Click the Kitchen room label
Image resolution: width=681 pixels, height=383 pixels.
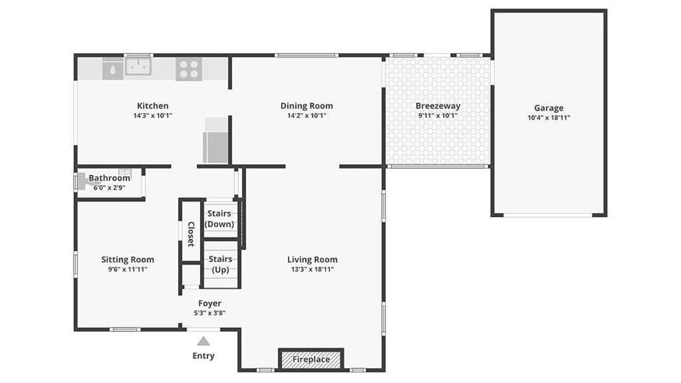click(153, 106)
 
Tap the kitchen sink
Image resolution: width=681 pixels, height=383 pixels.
click(138, 67)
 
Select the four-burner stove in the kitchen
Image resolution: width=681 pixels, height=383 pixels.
click(189, 69)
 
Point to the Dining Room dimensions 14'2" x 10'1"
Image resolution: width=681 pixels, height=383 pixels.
click(307, 115)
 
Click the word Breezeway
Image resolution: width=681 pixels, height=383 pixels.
click(438, 106)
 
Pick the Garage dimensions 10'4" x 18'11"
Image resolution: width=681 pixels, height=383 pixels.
click(549, 118)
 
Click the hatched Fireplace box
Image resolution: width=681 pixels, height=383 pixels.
click(311, 360)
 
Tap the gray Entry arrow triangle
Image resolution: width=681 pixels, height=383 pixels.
click(203, 341)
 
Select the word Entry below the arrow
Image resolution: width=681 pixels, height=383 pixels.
click(203, 356)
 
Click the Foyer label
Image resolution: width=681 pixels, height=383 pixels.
click(210, 303)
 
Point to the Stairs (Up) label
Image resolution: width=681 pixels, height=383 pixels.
click(220, 264)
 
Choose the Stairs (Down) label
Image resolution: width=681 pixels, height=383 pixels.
click(219, 219)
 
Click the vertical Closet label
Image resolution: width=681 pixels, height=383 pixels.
click(191, 234)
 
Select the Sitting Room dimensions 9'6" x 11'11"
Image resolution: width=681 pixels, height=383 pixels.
click(128, 269)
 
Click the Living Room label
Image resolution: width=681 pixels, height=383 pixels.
click(313, 259)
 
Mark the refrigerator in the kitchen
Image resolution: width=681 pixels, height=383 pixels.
click(216, 140)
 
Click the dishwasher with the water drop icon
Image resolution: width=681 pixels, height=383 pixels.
click(113, 69)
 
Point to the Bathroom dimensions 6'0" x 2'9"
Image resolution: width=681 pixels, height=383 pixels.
click(109, 188)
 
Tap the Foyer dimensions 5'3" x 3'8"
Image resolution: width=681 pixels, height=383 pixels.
click(210, 313)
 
